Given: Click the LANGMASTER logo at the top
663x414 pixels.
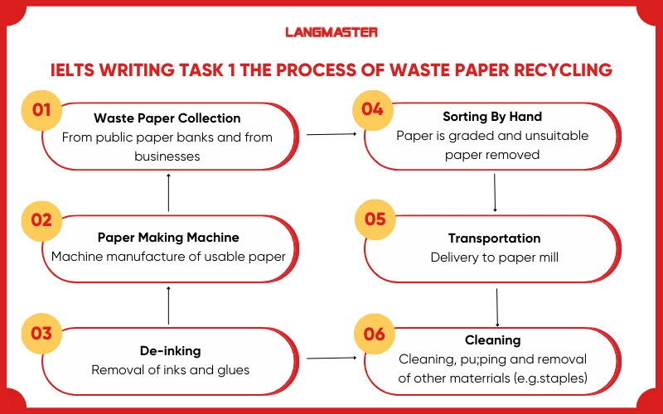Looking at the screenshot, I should (x=331, y=31).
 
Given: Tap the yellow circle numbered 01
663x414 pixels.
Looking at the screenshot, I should (x=41, y=110).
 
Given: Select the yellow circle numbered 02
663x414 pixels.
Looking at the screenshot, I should (x=41, y=220).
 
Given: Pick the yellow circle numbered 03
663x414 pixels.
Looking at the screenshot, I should (x=41, y=333).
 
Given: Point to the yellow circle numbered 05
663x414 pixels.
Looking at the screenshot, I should (x=375, y=219).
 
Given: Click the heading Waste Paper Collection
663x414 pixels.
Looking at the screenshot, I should (x=167, y=118).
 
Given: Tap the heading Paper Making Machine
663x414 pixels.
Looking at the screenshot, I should (x=167, y=238).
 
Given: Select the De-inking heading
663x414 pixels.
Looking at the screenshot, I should (x=168, y=350).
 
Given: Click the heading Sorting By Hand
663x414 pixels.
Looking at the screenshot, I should (x=492, y=117).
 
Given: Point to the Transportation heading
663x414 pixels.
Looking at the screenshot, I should (x=494, y=238).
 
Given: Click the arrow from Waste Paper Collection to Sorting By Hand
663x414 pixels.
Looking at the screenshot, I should (x=331, y=133).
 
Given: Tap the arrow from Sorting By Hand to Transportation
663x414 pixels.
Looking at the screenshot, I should (x=495, y=191).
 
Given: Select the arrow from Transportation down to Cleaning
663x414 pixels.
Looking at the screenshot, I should (x=496, y=307).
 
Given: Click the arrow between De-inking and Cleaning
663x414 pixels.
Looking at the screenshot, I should (x=331, y=359).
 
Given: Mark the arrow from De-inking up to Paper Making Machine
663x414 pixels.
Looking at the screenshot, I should (x=169, y=305).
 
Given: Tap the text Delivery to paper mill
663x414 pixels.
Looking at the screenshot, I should (x=494, y=258).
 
